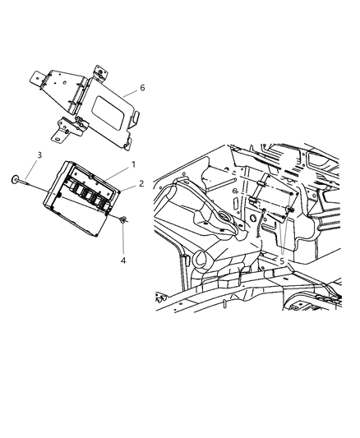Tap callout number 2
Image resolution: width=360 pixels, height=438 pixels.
click(141, 184)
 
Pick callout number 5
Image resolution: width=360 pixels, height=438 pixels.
click(282, 261)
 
